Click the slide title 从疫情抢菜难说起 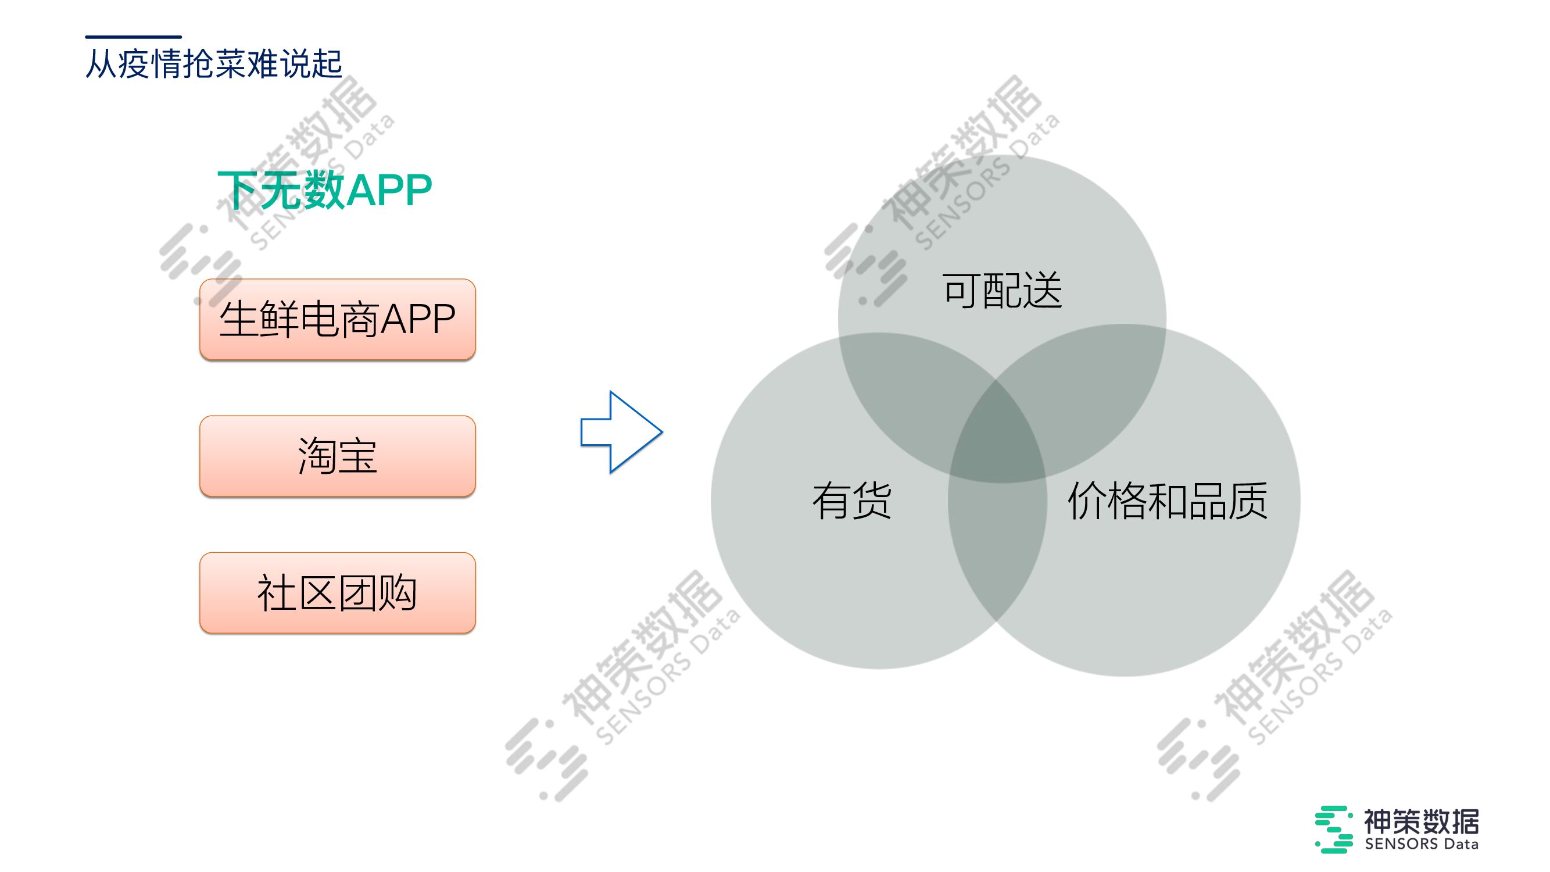tap(214, 64)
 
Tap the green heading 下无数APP tap(325, 190)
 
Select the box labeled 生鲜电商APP tap(337, 319)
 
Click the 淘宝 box tap(337, 456)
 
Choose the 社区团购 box tap(337, 593)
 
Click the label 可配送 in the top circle tap(1002, 291)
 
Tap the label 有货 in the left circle tap(851, 501)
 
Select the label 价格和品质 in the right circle tap(1168, 501)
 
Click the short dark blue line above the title tap(133, 37)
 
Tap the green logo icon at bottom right tap(1333, 830)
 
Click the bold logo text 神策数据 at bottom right tap(1420, 821)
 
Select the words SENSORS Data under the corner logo tap(1421, 844)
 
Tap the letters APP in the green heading tap(389, 190)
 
